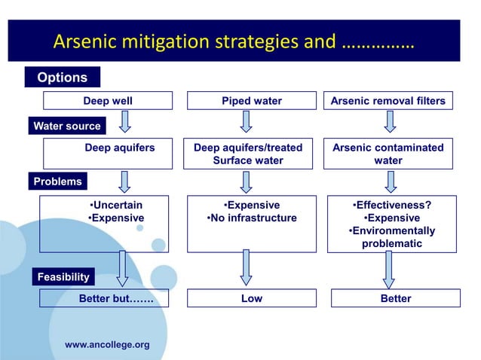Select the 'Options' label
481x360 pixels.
(x=62, y=78)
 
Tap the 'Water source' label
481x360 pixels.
(x=66, y=126)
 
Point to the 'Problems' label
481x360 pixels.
(x=57, y=182)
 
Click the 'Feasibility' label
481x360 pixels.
(x=63, y=276)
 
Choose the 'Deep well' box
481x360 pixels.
(x=108, y=101)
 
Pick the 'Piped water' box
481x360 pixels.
(x=251, y=101)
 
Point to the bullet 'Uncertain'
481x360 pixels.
(x=115, y=205)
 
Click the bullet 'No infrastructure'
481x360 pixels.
(x=251, y=218)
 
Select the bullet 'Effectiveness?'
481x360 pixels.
(x=393, y=205)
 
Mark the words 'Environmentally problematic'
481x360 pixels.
(x=392, y=237)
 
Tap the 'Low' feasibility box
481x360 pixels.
(x=251, y=299)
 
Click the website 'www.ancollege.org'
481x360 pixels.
(x=107, y=345)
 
